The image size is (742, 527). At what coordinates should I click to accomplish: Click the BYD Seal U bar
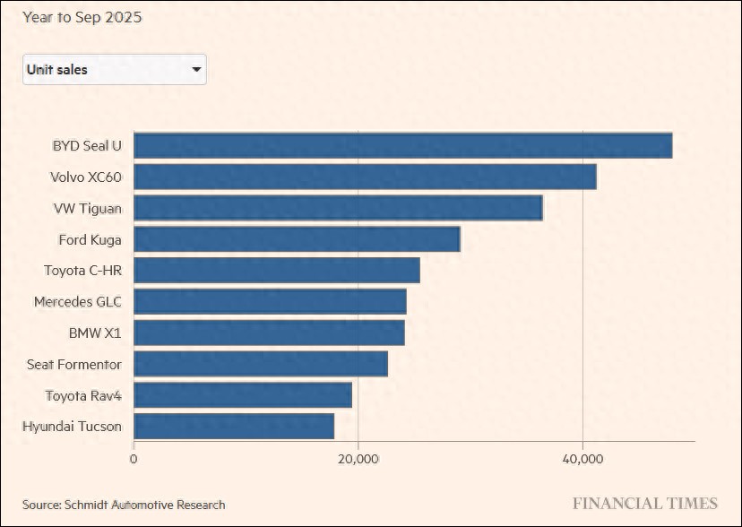tap(402, 145)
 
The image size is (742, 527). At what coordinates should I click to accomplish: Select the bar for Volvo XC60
tap(365, 177)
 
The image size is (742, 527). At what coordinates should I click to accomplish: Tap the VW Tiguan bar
tap(338, 208)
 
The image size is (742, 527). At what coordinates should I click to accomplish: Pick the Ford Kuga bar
tap(297, 239)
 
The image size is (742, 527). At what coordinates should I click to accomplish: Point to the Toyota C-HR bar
tap(276, 270)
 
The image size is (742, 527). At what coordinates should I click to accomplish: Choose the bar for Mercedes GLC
tap(270, 301)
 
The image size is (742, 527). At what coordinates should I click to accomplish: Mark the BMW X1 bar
tap(269, 333)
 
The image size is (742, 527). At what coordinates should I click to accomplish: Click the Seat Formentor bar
tap(261, 364)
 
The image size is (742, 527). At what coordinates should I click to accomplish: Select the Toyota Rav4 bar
tap(243, 394)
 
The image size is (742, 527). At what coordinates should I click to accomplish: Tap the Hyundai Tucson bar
tap(234, 426)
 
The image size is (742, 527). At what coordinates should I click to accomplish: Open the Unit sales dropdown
tap(114, 69)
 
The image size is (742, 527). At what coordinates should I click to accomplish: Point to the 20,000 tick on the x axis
tap(358, 459)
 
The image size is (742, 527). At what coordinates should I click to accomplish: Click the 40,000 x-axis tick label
tap(582, 459)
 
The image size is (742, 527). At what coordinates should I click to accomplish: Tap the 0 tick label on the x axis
tap(134, 459)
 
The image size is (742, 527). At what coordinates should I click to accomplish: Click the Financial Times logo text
tap(645, 504)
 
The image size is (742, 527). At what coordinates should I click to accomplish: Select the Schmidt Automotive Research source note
tap(124, 505)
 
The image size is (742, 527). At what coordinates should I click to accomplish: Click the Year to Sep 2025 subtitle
tap(82, 17)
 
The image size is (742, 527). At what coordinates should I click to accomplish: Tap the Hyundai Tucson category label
tap(72, 426)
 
